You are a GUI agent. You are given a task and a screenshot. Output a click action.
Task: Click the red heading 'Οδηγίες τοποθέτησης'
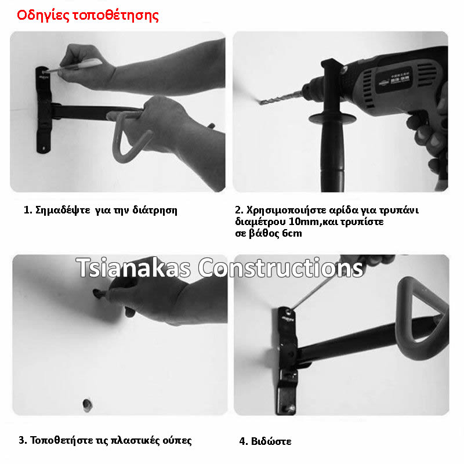[88, 16]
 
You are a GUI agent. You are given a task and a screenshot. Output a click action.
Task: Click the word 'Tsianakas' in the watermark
[133, 268]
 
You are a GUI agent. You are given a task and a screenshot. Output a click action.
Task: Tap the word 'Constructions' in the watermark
[281, 267]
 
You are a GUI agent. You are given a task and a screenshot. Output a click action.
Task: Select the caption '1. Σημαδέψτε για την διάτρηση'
[100, 210]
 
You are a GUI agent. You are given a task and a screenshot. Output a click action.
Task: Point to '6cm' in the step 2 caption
[292, 233]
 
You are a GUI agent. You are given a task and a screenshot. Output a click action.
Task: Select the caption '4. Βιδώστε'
[265, 441]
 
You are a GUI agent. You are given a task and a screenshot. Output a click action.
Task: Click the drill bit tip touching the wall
[261, 103]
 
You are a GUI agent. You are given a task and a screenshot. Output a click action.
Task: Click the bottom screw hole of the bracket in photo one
[44, 148]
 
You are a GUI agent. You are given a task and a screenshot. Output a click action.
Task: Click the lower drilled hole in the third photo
[88, 405]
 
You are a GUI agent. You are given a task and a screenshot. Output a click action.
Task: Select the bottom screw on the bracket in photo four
[289, 408]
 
